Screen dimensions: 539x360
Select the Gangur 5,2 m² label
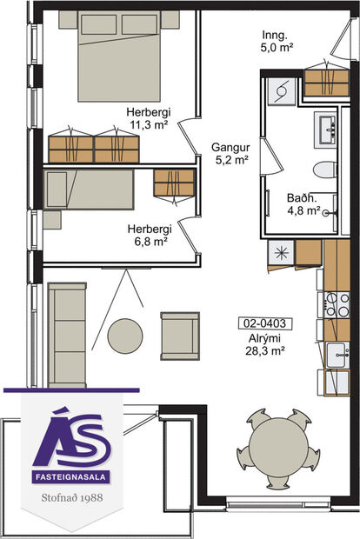pos(230,154)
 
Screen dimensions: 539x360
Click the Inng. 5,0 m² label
pos(278,41)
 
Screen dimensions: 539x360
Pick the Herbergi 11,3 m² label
pos(147,118)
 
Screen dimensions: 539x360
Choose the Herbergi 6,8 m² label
pos(148,235)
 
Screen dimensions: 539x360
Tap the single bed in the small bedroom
pos(88,190)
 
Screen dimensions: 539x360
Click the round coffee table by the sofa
pos(125,336)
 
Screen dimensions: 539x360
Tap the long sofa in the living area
pos(67,334)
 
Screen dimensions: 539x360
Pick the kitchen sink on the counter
pos(337,354)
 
